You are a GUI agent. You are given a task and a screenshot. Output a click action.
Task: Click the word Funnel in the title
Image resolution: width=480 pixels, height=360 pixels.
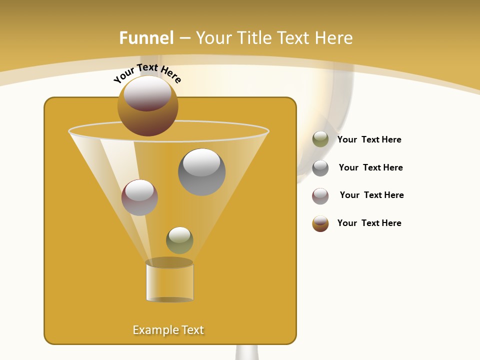click(146, 38)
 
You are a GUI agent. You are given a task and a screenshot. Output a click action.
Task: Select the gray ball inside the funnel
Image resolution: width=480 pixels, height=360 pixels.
click(201, 172)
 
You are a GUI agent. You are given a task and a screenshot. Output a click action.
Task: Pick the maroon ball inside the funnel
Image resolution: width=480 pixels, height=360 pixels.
click(139, 198)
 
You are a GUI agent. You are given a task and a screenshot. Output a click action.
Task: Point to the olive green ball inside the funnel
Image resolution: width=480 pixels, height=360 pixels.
click(179, 240)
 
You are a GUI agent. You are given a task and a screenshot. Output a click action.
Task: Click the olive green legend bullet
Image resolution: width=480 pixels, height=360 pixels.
click(320, 139)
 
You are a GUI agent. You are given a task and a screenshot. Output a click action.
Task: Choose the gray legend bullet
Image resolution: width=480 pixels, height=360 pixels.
click(320, 168)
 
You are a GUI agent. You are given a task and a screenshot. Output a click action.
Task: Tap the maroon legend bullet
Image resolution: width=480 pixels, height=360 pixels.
click(320, 196)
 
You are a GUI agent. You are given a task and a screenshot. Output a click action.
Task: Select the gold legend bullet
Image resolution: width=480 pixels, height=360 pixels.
click(320, 223)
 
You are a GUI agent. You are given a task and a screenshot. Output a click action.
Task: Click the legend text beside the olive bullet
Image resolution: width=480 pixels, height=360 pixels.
click(369, 139)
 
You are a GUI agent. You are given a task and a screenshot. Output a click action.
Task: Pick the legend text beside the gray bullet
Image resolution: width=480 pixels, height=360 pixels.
click(370, 167)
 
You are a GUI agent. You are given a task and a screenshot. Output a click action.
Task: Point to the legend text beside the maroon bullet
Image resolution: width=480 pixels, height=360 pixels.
click(371, 195)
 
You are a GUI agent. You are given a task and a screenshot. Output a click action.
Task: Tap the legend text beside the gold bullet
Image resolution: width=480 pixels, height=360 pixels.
click(369, 223)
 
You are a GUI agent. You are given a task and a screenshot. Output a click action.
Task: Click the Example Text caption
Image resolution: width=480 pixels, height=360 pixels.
click(168, 330)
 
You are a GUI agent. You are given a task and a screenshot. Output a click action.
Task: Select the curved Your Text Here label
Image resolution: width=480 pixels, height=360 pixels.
click(147, 73)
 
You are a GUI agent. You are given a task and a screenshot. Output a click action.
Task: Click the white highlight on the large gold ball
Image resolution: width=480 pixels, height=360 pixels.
click(147, 93)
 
